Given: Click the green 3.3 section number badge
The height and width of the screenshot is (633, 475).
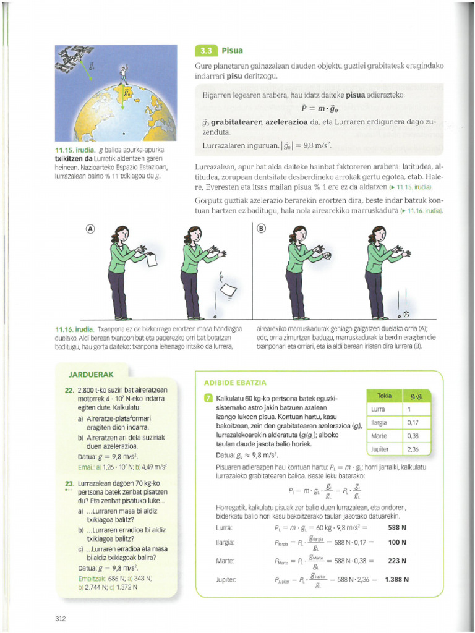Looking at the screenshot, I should point(204,52).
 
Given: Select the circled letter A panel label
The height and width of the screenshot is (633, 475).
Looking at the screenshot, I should point(90,228).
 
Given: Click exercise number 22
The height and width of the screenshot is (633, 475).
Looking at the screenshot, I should point(69,390).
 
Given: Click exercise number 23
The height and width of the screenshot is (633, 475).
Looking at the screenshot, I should point(69,482).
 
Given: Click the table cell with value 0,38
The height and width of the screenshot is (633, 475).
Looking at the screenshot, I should point(413,435).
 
